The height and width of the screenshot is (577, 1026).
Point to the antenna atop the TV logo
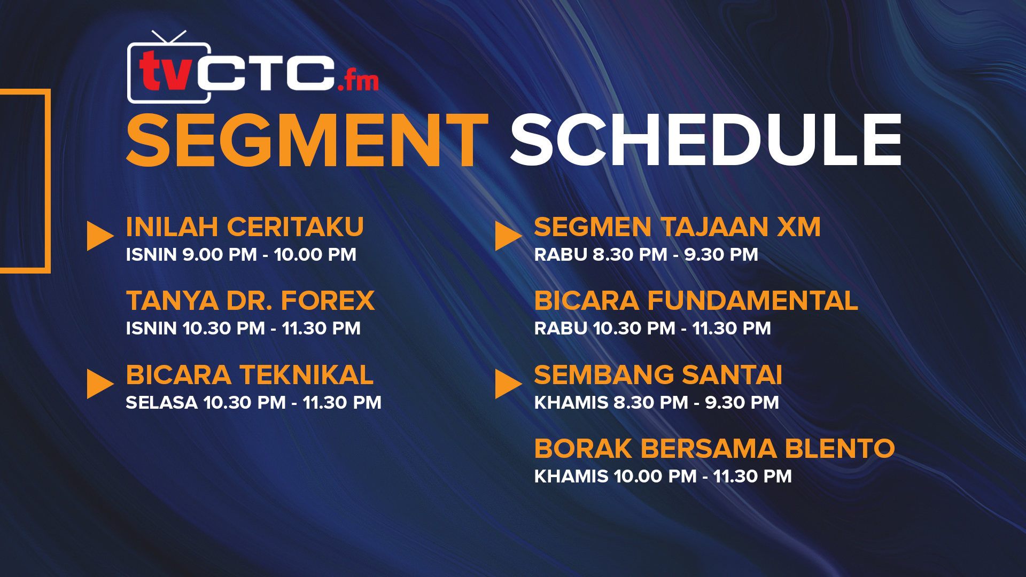point(169,37)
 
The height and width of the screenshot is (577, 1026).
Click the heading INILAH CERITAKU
point(245,227)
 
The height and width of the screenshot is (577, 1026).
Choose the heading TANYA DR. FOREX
point(250,300)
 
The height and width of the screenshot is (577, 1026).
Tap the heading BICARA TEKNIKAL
point(250,375)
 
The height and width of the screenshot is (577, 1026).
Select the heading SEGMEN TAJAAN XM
point(677,227)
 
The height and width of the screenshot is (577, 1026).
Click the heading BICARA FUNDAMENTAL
point(696,300)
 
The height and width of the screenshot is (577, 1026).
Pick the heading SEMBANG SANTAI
point(658,375)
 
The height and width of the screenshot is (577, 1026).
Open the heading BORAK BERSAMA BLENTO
point(714,448)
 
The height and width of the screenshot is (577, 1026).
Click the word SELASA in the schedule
point(162,402)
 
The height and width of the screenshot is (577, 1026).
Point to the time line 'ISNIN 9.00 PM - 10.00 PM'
point(241,254)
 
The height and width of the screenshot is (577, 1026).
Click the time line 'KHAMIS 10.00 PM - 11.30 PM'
point(663,476)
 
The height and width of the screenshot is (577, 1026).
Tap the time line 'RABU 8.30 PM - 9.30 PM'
point(646,254)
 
